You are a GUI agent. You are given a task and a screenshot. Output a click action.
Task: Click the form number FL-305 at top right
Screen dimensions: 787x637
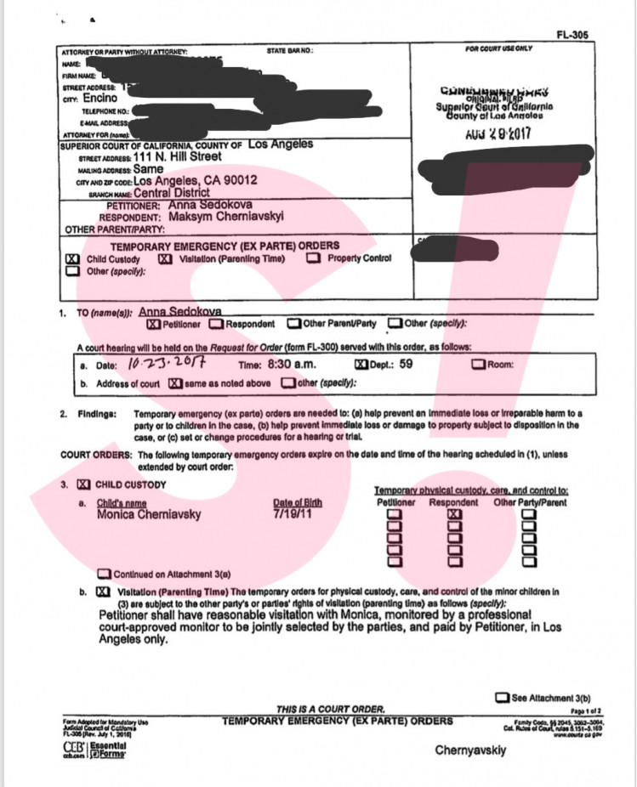[x=572, y=35]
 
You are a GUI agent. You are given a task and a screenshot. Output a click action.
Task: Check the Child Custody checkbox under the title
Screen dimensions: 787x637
[x=73, y=259]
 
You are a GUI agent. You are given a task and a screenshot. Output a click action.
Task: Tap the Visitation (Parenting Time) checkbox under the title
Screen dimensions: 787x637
[x=166, y=259]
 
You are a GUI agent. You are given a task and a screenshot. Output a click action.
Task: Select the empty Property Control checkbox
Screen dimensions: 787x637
[x=314, y=259]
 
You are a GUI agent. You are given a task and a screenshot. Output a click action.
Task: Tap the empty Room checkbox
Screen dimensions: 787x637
[x=480, y=365]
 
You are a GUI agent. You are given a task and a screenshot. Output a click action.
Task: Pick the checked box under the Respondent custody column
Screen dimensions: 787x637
[x=454, y=514]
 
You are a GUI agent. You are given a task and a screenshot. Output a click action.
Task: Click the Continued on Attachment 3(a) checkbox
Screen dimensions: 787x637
[x=105, y=573]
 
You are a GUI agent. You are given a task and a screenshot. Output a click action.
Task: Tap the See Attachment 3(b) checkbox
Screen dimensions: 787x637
[x=503, y=699]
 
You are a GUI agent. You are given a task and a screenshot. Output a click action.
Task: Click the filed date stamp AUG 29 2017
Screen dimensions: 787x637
[x=496, y=135]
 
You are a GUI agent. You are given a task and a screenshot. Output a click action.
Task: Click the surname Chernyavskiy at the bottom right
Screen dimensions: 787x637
[x=471, y=750]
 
